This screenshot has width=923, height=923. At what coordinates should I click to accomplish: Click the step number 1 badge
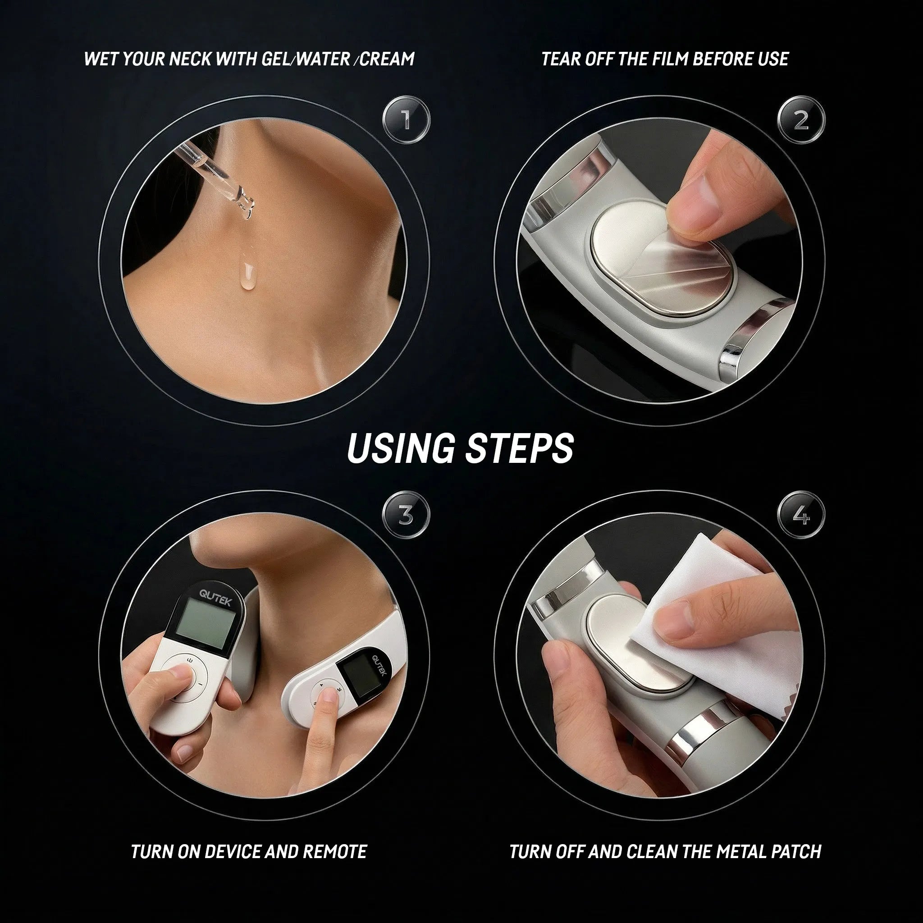pos(406,120)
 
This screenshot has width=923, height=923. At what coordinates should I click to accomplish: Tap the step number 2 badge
pos(801,120)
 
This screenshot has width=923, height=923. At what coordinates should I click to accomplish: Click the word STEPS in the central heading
pos(519,448)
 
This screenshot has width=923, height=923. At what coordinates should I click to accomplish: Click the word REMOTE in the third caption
pos(334,851)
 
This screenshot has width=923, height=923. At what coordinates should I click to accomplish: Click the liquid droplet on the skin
pos(246,277)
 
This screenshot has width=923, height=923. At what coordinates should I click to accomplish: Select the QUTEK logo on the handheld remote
pos(215,597)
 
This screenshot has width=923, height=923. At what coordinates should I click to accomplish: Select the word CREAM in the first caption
pos(387,59)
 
